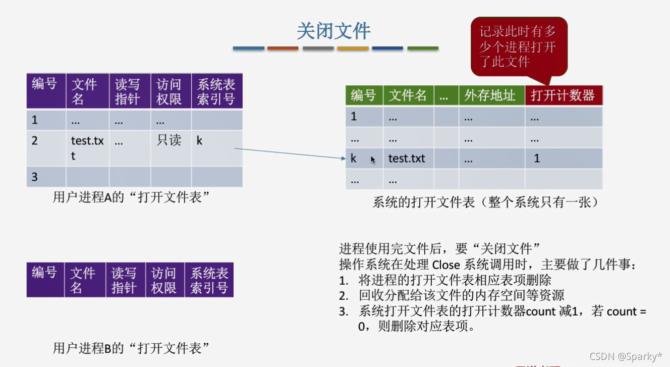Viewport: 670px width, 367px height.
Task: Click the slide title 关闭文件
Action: tap(333, 31)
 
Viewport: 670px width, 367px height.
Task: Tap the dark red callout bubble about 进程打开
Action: tap(518, 47)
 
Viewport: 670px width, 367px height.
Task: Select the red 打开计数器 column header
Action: tap(563, 95)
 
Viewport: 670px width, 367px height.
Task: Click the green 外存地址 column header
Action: tap(491, 95)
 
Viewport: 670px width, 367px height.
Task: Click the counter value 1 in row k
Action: tap(537, 159)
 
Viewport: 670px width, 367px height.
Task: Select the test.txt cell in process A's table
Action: tap(87, 148)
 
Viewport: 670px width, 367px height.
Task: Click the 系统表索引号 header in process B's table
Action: tap(209, 280)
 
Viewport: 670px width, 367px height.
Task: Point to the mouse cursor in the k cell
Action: tap(373, 160)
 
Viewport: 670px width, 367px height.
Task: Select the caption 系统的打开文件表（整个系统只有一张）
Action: tap(485, 202)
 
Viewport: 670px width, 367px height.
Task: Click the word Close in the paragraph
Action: tap(446, 264)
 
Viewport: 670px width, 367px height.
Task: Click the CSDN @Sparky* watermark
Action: tap(626, 356)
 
